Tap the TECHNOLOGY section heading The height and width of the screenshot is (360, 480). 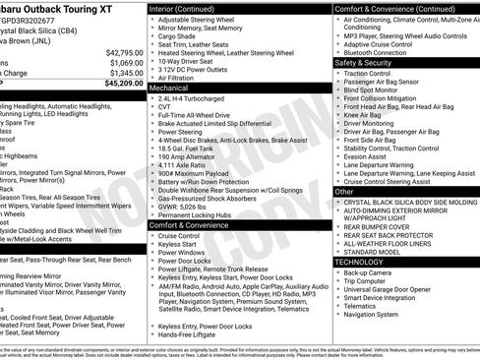[x=358, y=262]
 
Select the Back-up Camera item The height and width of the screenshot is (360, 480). [x=371, y=272]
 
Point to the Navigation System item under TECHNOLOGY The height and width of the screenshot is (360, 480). [x=377, y=315]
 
